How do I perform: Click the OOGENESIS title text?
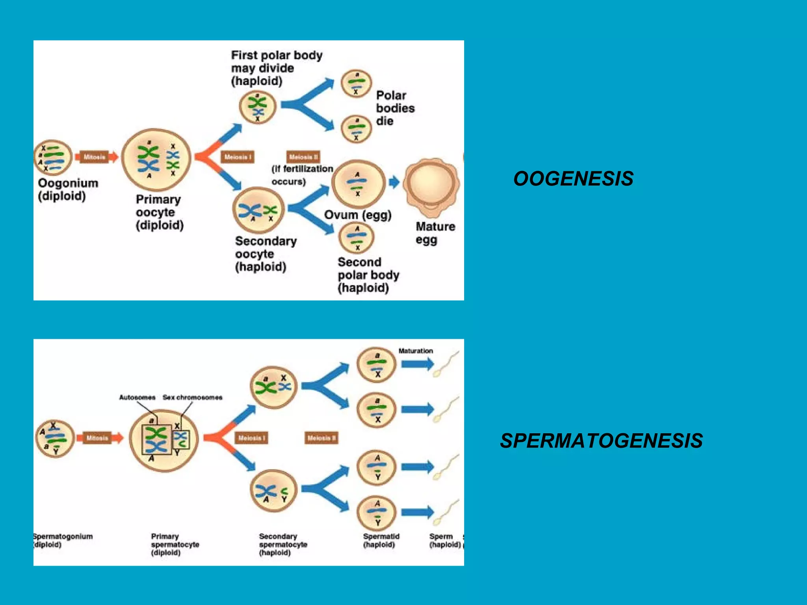(573, 179)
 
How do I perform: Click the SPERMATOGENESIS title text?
(601, 441)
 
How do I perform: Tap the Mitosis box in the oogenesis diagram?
(94, 157)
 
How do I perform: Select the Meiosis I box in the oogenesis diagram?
(237, 157)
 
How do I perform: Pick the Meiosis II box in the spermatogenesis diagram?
(321, 438)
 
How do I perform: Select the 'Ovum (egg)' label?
(357, 215)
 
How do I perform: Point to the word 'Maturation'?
(415, 351)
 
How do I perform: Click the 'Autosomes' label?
(137, 397)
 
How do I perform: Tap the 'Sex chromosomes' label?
(192, 397)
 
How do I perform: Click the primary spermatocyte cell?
(164, 440)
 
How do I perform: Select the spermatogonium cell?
(55, 439)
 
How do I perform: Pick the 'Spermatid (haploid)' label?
(381, 540)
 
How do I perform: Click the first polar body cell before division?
(258, 107)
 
